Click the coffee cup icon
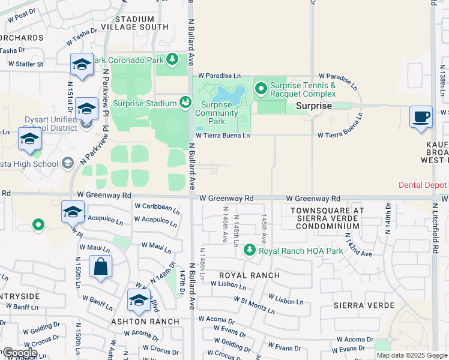(421, 116)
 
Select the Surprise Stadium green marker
(185, 103)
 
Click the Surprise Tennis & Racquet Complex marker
(261, 89)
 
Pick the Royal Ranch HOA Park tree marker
(250, 250)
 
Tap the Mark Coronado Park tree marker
(172, 59)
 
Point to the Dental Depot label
(423, 185)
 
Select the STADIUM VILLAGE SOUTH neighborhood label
(134, 23)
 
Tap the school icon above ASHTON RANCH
(139, 300)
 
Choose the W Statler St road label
(22, 64)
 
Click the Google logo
(19, 353)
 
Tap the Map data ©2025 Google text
(412, 355)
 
